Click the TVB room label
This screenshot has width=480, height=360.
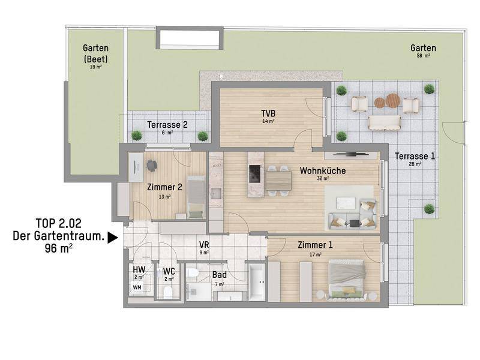tap(268, 114)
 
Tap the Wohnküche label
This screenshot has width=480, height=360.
tap(323, 170)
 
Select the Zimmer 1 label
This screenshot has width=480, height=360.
tap(315, 245)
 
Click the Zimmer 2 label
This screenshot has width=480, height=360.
tap(164, 187)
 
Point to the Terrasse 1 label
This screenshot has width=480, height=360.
tap(415, 156)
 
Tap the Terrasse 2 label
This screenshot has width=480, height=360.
tap(167, 125)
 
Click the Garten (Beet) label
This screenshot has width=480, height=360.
tap(96, 53)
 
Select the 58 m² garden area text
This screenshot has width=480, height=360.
tap(424, 56)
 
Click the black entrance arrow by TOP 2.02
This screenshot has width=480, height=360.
tap(113, 238)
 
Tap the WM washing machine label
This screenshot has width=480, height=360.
tap(137, 287)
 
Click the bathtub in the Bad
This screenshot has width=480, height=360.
tap(257, 281)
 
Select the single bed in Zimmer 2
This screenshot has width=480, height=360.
tap(196, 197)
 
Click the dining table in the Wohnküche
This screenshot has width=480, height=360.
tap(278, 181)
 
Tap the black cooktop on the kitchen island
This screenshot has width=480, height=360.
tap(256, 174)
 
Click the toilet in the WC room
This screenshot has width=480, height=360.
tap(168, 292)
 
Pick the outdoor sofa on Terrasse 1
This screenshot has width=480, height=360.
tap(385, 123)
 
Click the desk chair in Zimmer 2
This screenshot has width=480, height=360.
tap(152, 166)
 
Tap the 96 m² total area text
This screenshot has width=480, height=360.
tap(59, 248)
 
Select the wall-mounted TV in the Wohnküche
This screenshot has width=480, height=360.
tap(350, 154)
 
